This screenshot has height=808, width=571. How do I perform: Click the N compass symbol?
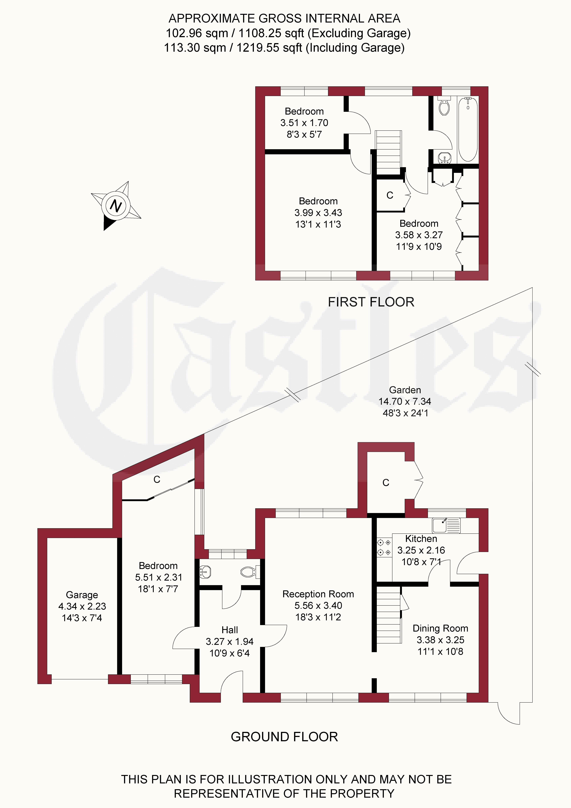pyautogui.click(x=116, y=206)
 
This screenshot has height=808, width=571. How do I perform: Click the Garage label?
pyautogui.click(x=82, y=595)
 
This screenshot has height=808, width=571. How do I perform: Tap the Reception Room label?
pyautogui.click(x=318, y=594)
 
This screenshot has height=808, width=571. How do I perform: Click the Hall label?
pyautogui.click(x=229, y=630)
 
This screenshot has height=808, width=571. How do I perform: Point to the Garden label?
pyautogui.click(x=405, y=390)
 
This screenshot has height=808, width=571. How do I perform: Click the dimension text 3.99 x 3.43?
pyautogui.click(x=318, y=213)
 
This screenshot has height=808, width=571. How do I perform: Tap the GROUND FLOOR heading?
pyautogui.click(x=284, y=737)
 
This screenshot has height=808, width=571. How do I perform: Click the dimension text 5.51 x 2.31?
pyautogui.click(x=158, y=577)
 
